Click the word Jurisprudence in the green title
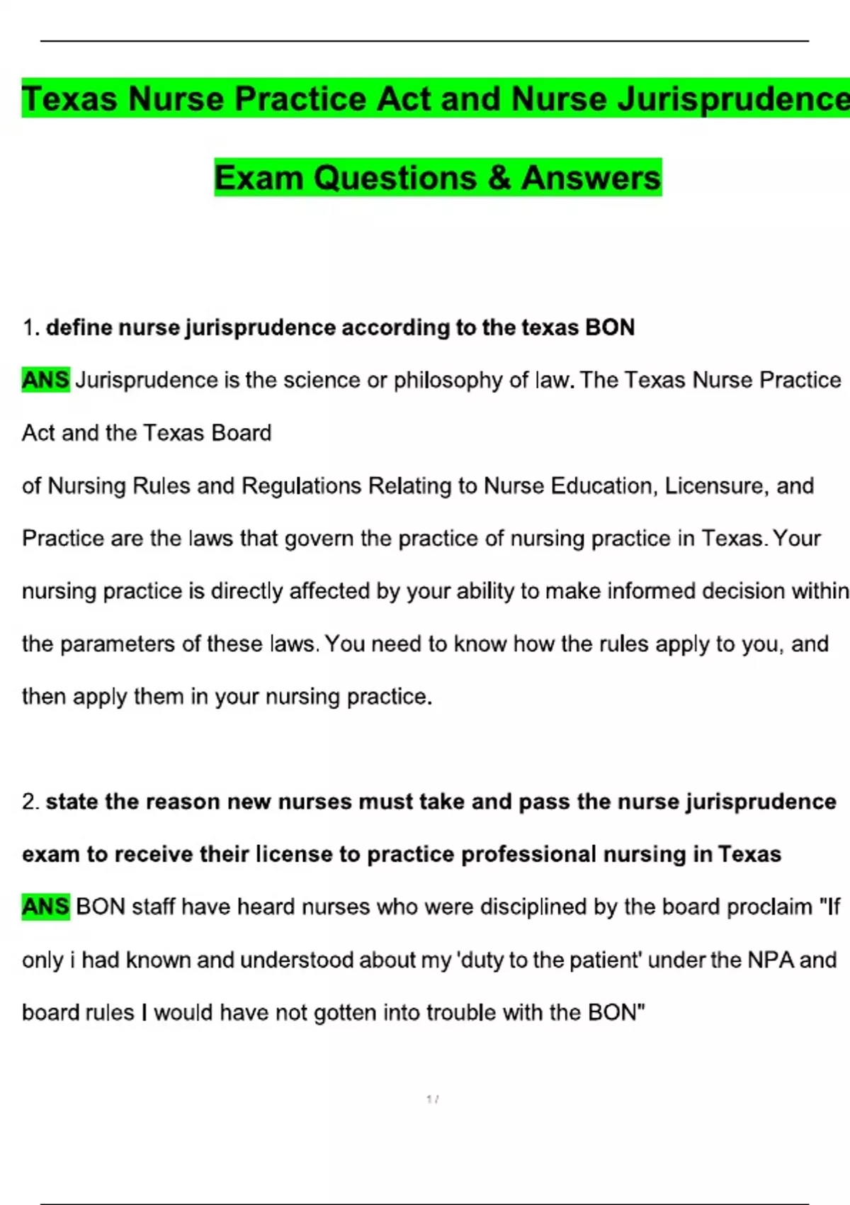734,99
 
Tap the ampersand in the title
499,177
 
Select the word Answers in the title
591,177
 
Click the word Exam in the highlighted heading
259,177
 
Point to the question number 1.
29,327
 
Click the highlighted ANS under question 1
46,380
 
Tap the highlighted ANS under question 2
46,907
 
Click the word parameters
118,644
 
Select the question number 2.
30,802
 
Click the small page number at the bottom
432,1099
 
